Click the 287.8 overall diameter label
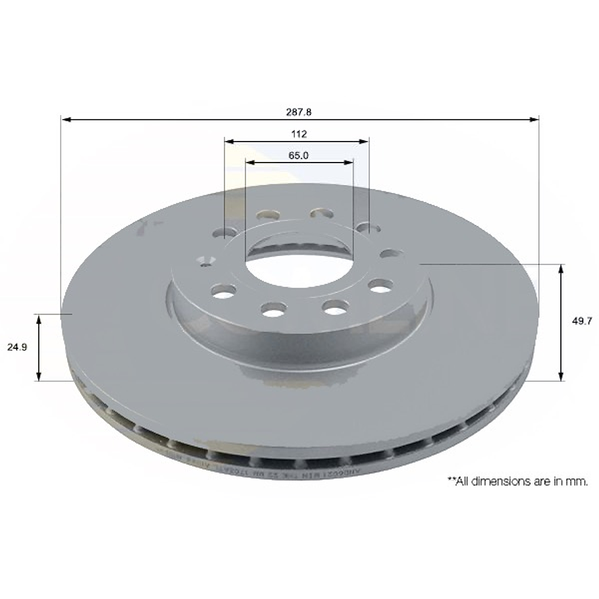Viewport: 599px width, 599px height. point(298,112)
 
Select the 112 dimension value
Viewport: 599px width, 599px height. point(298,134)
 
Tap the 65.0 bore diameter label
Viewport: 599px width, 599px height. point(298,155)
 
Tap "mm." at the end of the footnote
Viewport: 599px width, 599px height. point(577,481)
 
